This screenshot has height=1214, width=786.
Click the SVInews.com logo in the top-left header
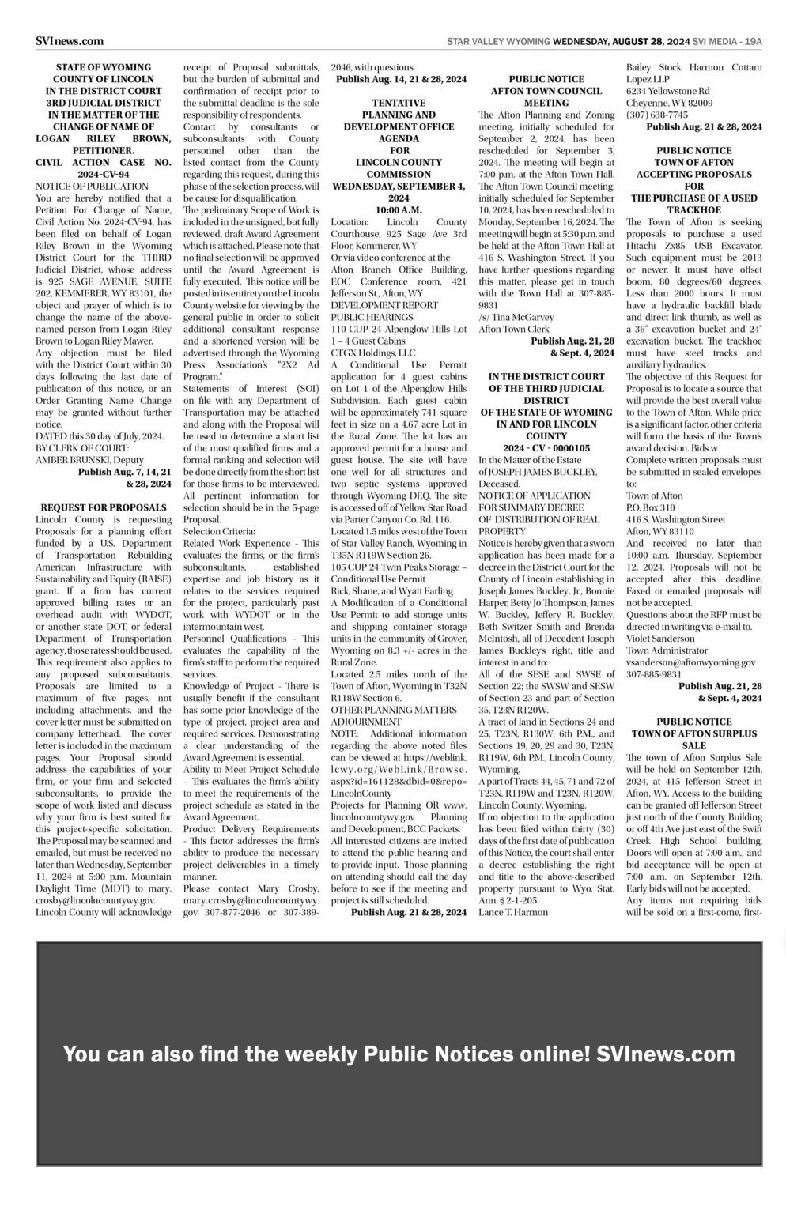[70, 41]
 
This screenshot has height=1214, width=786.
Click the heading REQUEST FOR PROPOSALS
[104, 507]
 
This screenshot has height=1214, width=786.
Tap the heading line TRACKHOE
[693, 210]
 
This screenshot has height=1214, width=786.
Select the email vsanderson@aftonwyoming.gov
[690, 662]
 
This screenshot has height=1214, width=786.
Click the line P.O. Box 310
[650, 507]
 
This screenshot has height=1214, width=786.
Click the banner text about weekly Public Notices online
[399, 1054]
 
